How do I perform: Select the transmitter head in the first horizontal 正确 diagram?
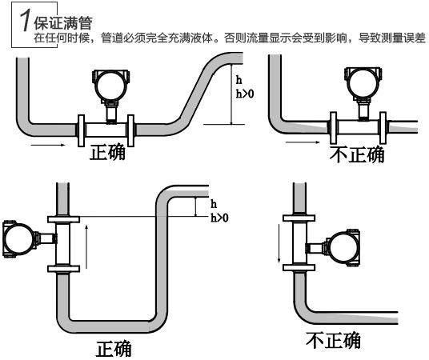coord(109,81)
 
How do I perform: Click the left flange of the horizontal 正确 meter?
coord(81,128)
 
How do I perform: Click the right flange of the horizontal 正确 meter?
coord(130,128)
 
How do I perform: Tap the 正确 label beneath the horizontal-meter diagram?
coord(106,152)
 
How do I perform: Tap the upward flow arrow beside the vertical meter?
coord(85,243)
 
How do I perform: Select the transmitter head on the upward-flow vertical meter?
coord(18,239)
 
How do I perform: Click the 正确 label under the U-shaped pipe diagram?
coord(114,349)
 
